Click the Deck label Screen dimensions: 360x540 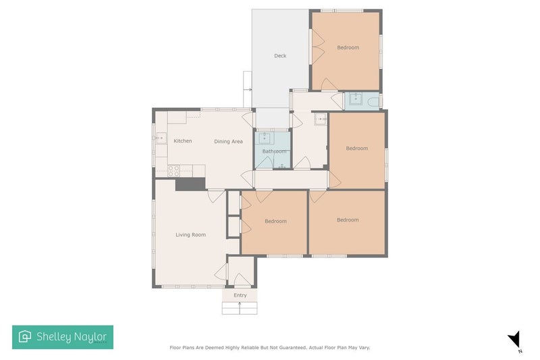280,56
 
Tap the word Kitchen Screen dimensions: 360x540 182,141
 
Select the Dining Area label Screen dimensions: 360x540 228,141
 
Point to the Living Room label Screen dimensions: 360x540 190,235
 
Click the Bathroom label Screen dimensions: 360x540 275,152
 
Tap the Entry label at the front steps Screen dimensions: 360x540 240,295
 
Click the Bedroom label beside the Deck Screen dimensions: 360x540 348,47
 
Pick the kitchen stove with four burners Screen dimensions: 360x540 173,170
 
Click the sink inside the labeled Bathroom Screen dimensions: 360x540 265,138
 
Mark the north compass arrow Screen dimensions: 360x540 515,339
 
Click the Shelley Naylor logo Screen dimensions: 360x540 63,336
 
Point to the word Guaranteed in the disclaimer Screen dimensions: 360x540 287,348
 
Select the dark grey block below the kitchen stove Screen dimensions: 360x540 190,184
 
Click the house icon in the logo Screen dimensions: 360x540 25,336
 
